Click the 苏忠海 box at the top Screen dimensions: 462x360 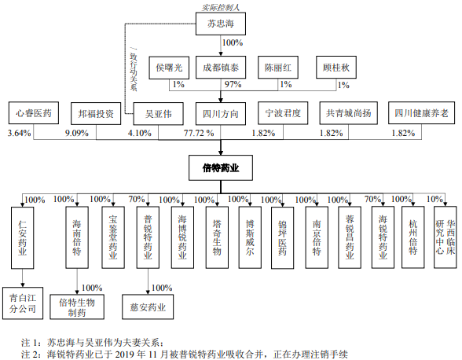[221, 24]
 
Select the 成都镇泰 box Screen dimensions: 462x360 [221, 68]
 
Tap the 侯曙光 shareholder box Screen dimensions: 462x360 [169, 68]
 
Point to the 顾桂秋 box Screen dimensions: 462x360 [336, 68]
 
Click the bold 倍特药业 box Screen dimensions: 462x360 [221, 167]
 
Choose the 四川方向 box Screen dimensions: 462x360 [221, 114]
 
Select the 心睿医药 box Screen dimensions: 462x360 [34, 113]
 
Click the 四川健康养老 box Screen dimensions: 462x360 [421, 113]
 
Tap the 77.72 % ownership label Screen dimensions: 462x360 [199, 133]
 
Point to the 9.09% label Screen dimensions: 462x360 [77, 134]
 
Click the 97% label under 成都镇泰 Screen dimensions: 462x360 [233, 85]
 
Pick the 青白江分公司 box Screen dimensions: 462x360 [23, 303]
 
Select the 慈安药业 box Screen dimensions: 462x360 [148, 307]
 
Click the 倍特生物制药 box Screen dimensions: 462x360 [77, 307]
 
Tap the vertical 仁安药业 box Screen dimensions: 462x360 [22, 237]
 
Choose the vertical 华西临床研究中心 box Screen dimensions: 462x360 [445, 237]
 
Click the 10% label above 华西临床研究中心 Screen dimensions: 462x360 [434, 200]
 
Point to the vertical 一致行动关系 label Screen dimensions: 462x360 [134, 70]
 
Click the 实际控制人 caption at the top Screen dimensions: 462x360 [221, 7]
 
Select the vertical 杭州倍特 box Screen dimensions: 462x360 [413, 237]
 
